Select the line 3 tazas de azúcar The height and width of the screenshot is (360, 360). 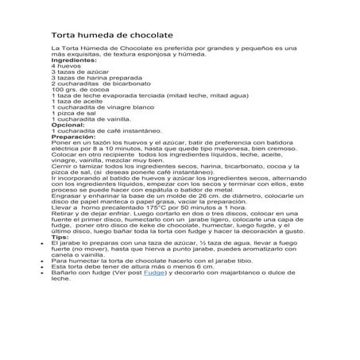point(79,72)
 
